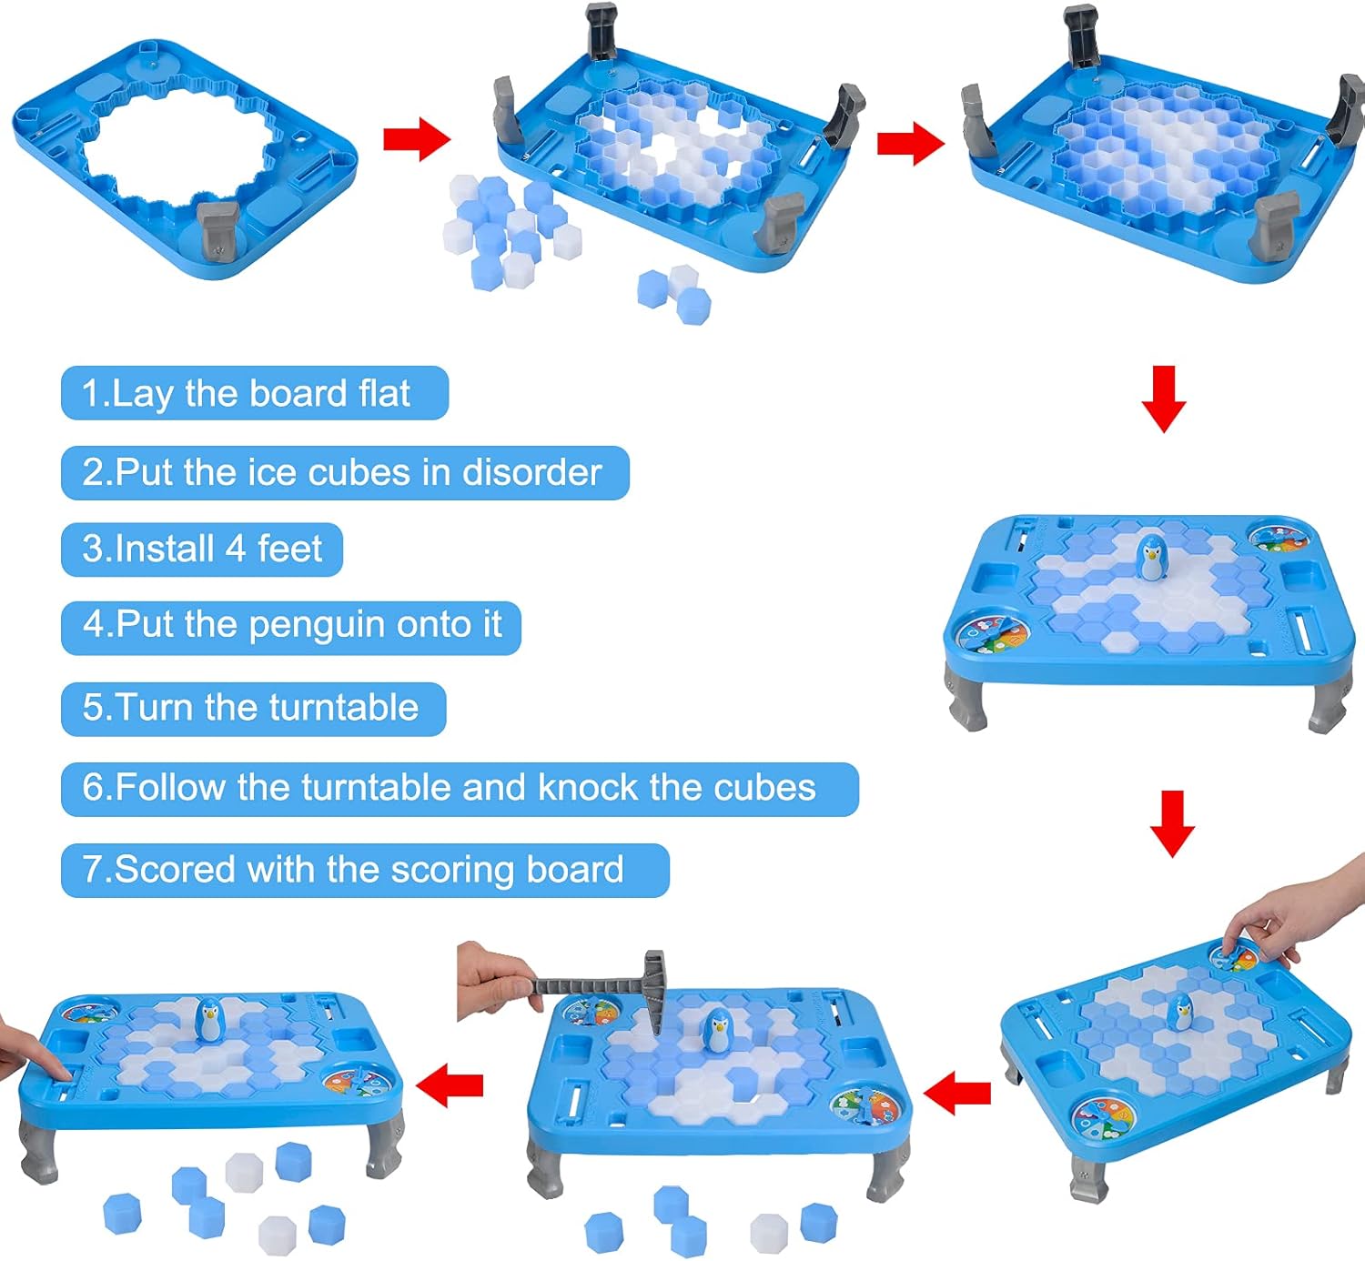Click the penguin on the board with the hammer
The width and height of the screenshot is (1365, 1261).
pos(719,1029)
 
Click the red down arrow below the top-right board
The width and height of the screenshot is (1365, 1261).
pos(1163,398)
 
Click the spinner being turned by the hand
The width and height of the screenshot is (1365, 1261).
pos(1234,958)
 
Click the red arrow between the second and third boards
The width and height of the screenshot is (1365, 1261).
pos(910,144)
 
